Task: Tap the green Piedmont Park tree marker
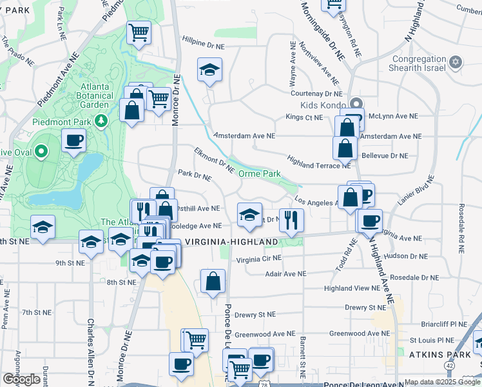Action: tap(101, 120)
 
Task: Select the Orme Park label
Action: tap(260, 174)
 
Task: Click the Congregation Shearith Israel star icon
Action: tap(456, 63)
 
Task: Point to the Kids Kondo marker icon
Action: tap(356, 103)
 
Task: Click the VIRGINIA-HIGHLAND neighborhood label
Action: tap(231, 242)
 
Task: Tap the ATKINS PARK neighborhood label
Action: tap(433, 354)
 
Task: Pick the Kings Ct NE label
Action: tap(304, 117)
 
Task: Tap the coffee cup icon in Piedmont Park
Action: tap(73, 139)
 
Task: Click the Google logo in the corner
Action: tap(21, 379)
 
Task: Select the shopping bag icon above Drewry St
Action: tap(213, 281)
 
